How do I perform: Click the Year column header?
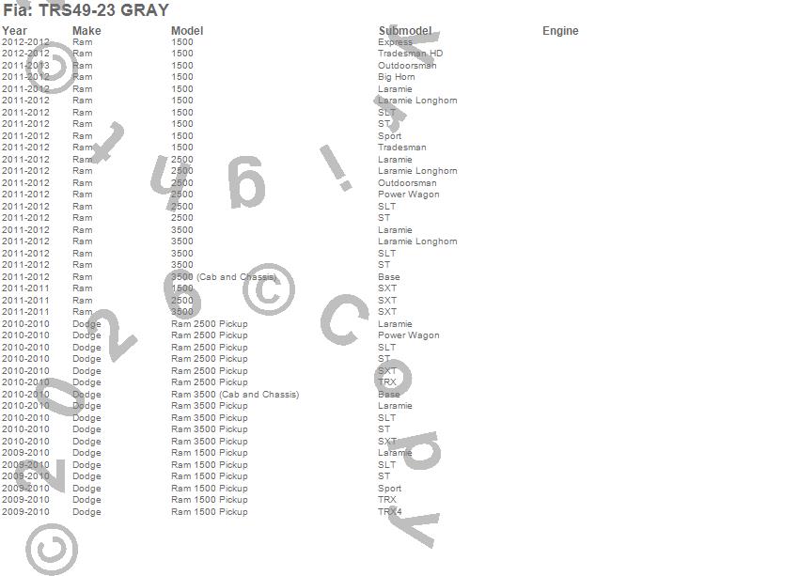15,31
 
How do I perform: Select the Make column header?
86,31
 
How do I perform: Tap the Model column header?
187,31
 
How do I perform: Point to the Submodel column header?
405,31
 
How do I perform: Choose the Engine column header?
560,31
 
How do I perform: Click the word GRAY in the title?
145,10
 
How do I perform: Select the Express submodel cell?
395,42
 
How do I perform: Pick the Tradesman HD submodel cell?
410,54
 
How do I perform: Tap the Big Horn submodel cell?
396,77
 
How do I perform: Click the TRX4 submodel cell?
389,512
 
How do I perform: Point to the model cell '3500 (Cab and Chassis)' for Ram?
224,277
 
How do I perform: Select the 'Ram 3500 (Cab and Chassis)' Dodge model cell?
235,395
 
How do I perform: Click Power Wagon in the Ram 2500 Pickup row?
408,335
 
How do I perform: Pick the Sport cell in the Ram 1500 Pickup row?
389,489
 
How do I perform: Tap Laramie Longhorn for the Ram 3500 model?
417,241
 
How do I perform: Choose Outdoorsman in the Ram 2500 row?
407,183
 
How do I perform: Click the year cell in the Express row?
25,42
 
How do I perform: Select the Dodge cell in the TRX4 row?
86,512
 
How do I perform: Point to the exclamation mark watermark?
336,167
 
